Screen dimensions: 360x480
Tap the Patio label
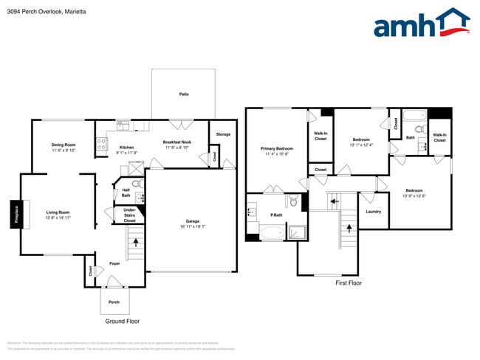pos(183,94)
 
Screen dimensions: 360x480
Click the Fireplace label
pos(15,214)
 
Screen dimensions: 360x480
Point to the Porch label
pos(114,302)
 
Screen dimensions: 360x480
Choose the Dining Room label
pos(64,145)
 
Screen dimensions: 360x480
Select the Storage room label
pos(223,134)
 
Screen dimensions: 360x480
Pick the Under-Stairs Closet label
pos(129,215)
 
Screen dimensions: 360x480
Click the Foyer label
pos(114,263)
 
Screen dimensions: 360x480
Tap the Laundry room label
pos(373,212)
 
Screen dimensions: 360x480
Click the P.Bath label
pos(277,215)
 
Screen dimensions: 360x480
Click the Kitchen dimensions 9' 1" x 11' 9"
pos(127,153)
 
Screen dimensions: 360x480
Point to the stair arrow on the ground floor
pos(135,241)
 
